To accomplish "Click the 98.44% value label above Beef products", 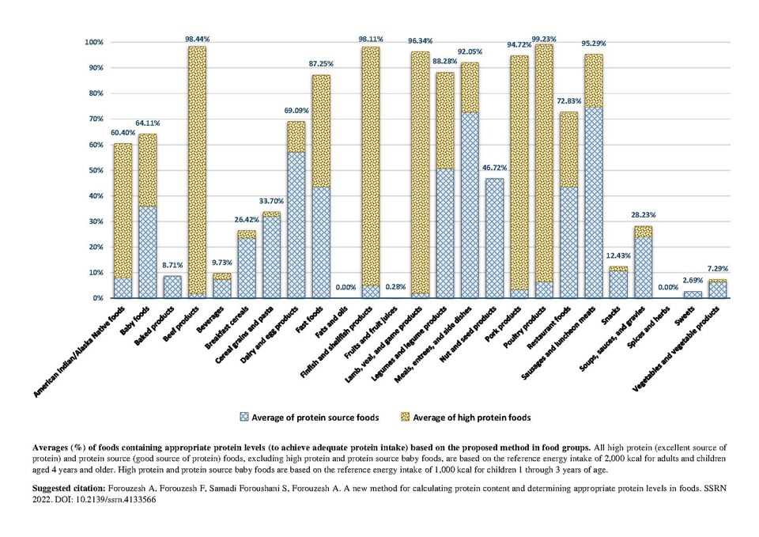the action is (x=197, y=38).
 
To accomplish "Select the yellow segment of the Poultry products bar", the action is (x=544, y=163).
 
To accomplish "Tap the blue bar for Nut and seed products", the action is (x=494, y=238).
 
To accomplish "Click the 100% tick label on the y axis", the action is (x=94, y=42).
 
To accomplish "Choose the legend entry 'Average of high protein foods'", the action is (x=471, y=418).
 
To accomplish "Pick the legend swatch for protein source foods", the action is (x=244, y=417).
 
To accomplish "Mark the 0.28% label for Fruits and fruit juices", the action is (x=395, y=287).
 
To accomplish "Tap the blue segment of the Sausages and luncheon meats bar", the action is (x=594, y=203).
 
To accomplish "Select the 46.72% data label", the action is (x=494, y=168).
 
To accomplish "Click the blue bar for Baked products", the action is (x=172, y=287).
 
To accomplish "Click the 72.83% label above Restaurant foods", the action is (x=568, y=101).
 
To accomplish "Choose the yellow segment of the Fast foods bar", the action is (x=321, y=131).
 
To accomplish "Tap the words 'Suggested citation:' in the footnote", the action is (x=69, y=489).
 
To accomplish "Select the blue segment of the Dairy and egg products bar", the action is (x=296, y=225).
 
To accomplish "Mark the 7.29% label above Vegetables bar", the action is (x=717, y=268).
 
